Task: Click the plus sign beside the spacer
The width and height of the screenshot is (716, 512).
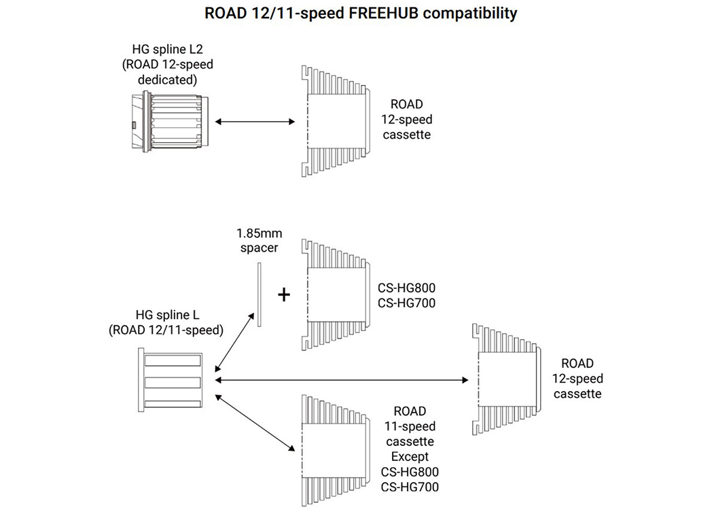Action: (x=284, y=294)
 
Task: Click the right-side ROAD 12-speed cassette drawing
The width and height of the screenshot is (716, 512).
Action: (x=506, y=378)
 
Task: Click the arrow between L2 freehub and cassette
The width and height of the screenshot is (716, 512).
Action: (x=255, y=122)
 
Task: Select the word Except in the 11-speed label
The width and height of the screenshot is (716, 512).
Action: (x=410, y=456)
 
